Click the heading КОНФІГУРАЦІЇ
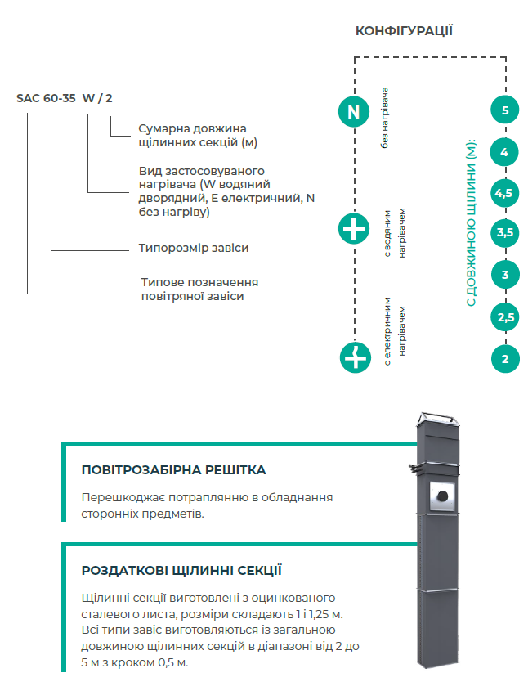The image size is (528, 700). click(x=404, y=31)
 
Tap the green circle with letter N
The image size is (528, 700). click(x=353, y=111)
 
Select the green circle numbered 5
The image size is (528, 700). click(x=505, y=110)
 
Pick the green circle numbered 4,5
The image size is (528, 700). click(x=505, y=193)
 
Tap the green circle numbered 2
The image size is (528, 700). click(x=505, y=358)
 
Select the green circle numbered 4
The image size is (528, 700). click(x=505, y=152)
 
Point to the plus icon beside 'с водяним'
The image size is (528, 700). click(x=353, y=231)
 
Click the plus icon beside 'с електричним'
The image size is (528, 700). click(x=353, y=357)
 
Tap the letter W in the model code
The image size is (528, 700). click(x=87, y=98)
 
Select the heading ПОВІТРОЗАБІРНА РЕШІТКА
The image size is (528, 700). click(x=173, y=470)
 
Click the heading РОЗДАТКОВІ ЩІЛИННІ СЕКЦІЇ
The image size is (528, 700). click(x=181, y=571)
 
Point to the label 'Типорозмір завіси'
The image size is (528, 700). click(x=194, y=247)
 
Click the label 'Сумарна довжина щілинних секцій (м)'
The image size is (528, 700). click(x=191, y=136)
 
